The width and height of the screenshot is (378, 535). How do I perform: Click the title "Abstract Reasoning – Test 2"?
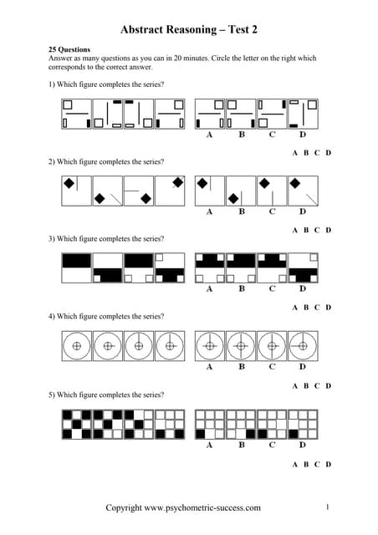click(x=189, y=29)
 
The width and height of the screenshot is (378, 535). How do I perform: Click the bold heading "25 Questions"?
click(x=69, y=50)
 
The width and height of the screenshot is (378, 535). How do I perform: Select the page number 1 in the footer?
click(x=328, y=507)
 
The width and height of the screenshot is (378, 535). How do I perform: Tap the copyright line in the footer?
click(x=182, y=507)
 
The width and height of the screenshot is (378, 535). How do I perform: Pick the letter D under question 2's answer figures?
click(x=303, y=211)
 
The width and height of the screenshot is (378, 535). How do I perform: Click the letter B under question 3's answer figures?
click(x=242, y=289)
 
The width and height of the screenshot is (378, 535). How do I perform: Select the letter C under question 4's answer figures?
click(x=272, y=367)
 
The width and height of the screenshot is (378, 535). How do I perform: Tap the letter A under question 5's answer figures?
click(x=209, y=445)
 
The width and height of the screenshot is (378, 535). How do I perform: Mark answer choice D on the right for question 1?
click(x=328, y=152)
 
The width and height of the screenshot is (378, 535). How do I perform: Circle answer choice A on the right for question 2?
click(x=295, y=230)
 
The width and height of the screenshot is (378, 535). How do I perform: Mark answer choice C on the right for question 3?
click(x=317, y=308)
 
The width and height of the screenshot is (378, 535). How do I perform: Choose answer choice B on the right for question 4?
click(x=306, y=385)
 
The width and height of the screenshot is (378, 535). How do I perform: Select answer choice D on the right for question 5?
click(x=328, y=464)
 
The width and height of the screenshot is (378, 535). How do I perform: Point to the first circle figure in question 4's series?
click(x=77, y=344)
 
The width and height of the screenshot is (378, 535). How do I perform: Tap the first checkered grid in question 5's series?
click(x=77, y=423)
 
